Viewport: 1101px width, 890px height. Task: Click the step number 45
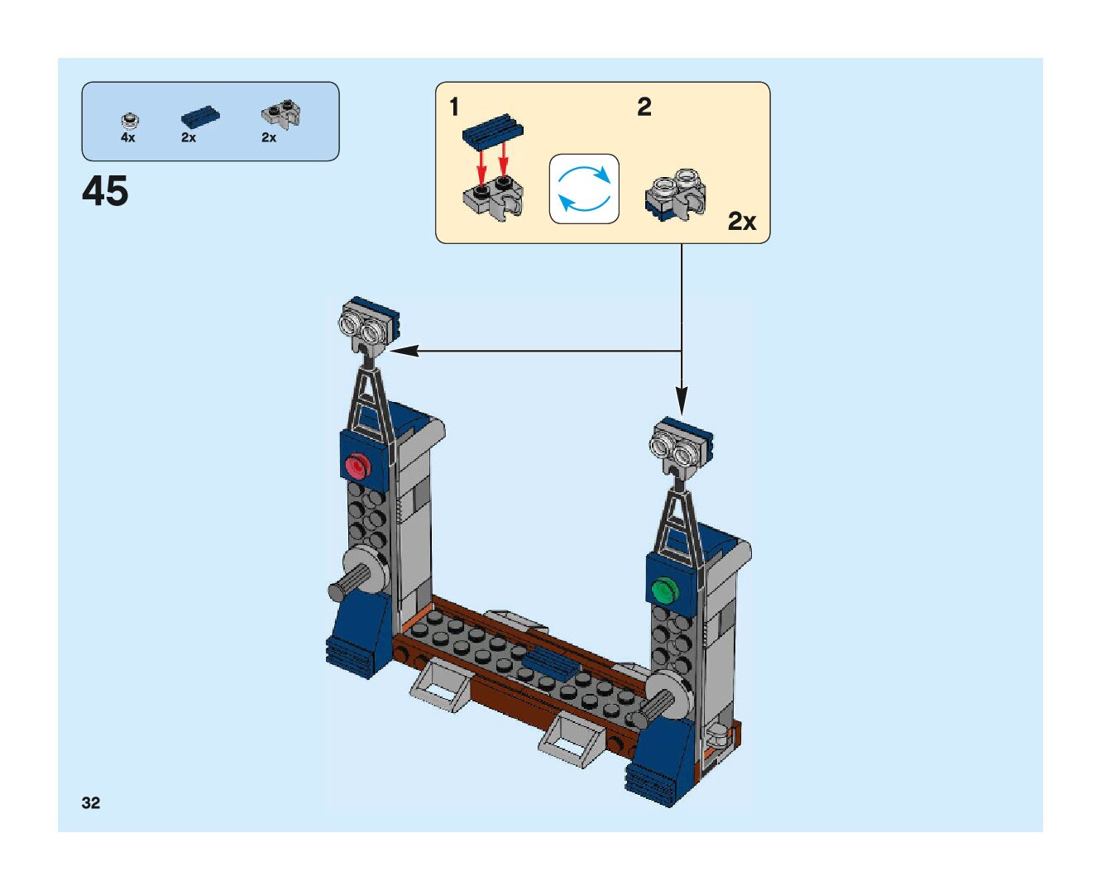point(105,191)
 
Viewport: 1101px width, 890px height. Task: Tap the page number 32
point(91,802)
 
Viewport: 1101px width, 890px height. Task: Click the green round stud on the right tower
point(663,591)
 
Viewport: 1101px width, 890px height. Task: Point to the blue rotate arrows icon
point(584,189)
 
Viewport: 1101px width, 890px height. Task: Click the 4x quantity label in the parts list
point(127,138)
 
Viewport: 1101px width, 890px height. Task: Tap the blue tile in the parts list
point(200,117)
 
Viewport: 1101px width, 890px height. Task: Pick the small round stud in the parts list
point(129,120)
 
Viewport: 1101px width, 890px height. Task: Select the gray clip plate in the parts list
point(281,114)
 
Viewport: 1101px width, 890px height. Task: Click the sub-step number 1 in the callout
point(454,107)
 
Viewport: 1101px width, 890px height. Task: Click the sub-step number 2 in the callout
point(644,107)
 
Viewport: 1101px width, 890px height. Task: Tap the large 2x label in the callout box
point(742,222)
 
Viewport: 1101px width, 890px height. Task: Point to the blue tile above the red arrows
point(493,131)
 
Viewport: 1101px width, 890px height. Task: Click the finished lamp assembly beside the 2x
point(675,195)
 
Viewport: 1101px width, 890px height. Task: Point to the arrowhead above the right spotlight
point(682,403)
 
